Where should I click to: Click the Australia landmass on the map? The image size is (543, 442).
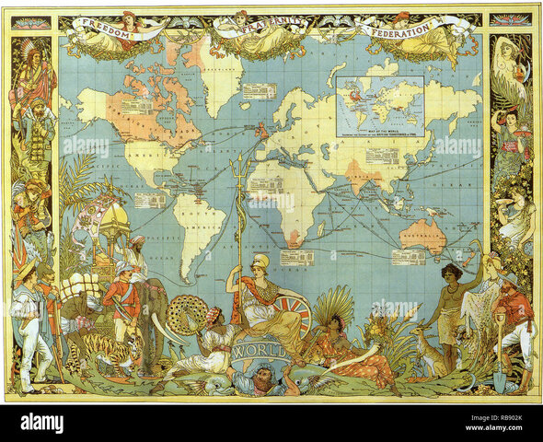point(422,236)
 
